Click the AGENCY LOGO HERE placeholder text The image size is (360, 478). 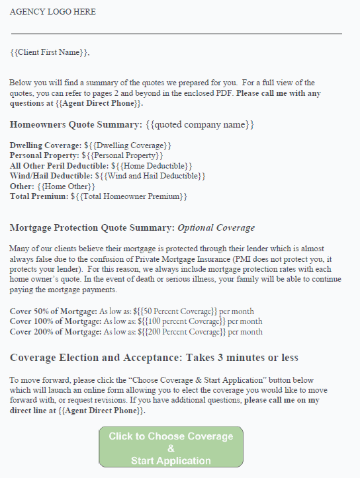point(52,12)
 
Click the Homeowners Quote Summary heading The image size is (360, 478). point(75,124)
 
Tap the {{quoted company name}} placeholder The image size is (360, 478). point(200,124)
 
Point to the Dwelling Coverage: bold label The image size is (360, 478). point(46,145)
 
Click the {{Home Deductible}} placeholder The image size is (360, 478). point(152,165)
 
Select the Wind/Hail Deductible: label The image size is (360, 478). point(51,176)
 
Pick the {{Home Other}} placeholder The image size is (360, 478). point(66,186)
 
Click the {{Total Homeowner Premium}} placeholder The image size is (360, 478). point(132,196)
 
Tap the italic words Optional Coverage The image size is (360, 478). point(216,227)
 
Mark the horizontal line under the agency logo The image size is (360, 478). point(176,33)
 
